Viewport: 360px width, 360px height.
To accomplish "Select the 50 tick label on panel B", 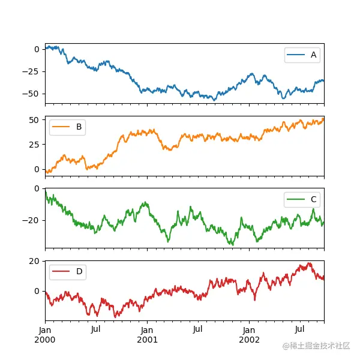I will [x=35, y=120].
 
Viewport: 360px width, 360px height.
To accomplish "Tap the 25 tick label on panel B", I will [x=35, y=145].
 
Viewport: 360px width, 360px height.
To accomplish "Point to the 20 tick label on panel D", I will [x=35, y=261].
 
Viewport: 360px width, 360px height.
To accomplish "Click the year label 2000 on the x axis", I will [x=45, y=340].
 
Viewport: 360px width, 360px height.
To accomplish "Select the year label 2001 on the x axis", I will [x=147, y=340].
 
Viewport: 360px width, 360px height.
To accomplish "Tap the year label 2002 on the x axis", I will [x=249, y=340].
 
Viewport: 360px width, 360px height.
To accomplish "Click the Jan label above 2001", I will [x=147, y=330].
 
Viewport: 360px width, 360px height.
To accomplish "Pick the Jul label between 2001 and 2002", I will [x=198, y=330].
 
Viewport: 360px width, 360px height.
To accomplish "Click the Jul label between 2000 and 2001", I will [x=96, y=330].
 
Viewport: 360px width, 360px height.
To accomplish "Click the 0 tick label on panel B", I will [x=37, y=169].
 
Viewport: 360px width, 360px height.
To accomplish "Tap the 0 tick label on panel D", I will [x=37, y=291].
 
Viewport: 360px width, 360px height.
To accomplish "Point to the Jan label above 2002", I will [x=249, y=330].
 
